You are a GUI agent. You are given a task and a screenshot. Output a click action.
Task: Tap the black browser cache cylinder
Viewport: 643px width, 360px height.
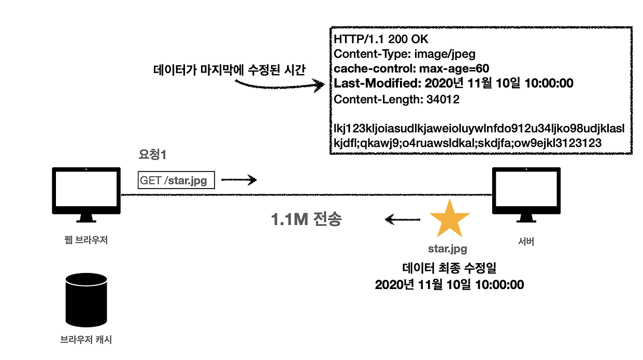tap(86, 299)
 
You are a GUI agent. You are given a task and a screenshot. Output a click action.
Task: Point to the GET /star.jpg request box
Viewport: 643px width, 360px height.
tap(176, 180)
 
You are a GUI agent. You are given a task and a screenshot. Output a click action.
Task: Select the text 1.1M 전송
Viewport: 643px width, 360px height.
tap(306, 220)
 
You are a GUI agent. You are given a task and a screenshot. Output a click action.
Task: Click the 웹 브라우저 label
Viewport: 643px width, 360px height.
tap(86, 240)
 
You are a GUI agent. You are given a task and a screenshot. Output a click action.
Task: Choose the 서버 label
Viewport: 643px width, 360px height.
tap(525, 241)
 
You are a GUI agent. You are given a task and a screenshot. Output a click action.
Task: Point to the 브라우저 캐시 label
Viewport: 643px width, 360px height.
tap(86, 340)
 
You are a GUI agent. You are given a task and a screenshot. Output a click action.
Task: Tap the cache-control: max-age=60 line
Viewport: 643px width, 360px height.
tap(411, 68)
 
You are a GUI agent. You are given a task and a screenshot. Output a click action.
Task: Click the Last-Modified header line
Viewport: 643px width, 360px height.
tap(453, 83)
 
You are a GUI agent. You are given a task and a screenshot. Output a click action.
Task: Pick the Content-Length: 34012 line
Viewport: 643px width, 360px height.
tap(396, 99)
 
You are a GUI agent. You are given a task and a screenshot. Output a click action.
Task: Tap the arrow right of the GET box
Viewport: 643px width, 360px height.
tap(239, 180)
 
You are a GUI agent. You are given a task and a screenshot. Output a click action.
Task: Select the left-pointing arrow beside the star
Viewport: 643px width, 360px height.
tap(403, 220)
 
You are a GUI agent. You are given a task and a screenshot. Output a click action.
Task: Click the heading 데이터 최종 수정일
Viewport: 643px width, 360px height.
tap(449, 268)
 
